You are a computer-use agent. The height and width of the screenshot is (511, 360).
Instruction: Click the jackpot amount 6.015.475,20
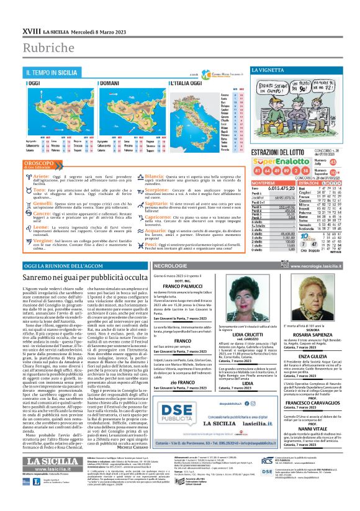[x=282, y=188]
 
